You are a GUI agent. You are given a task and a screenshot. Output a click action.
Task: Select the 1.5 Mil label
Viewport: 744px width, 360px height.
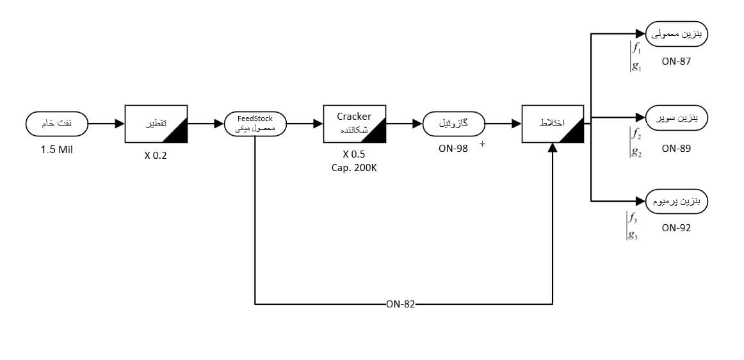pyautogui.click(x=58, y=152)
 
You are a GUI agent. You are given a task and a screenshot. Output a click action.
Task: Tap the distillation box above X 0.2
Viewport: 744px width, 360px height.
pyautogui.click(x=156, y=124)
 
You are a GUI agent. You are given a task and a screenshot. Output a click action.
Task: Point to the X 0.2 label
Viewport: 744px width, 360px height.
pyautogui.click(x=156, y=154)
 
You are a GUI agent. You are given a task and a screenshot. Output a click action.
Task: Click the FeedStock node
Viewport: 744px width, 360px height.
pyautogui.click(x=255, y=124)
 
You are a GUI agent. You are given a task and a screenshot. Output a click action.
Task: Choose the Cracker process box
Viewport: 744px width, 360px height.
pyautogui.click(x=354, y=124)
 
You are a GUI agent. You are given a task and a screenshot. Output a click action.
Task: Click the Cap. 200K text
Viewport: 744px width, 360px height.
pyautogui.click(x=354, y=168)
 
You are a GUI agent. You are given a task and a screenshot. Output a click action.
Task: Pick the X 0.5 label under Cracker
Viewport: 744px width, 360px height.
pyautogui.click(x=354, y=154)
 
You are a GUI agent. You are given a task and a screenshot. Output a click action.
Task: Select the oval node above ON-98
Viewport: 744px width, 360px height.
pyautogui.click(x=454, y=124)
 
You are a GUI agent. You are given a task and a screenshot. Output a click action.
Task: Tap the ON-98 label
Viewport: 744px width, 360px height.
pyautogui.click(x=454, y=149)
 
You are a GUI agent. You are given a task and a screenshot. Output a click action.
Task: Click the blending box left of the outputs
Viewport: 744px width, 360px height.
pyautogui.click(x=553, y=124)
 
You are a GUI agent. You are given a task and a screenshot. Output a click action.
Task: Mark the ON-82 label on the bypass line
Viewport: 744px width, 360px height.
pyautogui.click(x=401, y=304)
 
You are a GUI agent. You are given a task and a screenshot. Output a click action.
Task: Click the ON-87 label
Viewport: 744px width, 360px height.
pyautogui.click(x=677, y=61)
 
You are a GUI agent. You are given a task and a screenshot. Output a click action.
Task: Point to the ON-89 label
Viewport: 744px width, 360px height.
pyautogui.click(x=677, y=148)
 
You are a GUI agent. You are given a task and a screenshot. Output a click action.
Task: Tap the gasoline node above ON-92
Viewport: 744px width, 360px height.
pyautogui.click(x=677, y=200)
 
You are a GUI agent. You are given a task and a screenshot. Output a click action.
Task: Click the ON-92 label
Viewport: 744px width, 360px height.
pyautogui.click(x=677, y=227)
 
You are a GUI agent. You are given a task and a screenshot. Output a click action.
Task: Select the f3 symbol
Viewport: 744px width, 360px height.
pyautogui.click(x=633, y=218)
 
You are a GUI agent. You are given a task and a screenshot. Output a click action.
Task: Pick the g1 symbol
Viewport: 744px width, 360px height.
pyautogui.click(x=636, y=66)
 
